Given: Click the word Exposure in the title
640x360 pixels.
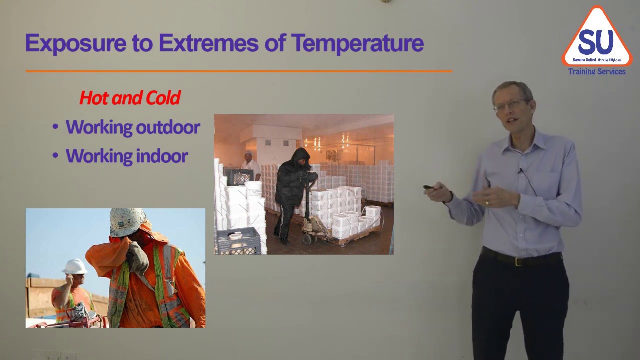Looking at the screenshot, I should (75, 43).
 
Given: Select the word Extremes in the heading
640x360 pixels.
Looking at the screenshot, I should (208, 43).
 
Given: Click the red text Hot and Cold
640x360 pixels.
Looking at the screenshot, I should (130, 98).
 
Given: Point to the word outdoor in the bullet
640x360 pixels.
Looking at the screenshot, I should (168, 127).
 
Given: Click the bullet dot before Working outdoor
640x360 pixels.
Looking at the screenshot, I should (55, 127).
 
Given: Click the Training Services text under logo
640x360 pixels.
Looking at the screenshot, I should (597, 72).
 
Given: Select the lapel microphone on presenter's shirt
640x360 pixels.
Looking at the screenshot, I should (520, 171).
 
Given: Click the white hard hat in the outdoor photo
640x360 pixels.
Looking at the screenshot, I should (75, 266).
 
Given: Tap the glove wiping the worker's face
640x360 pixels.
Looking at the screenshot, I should (137, 256).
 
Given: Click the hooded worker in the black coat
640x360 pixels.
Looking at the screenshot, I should (294, 190).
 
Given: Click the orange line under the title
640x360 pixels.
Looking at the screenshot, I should (239, 71).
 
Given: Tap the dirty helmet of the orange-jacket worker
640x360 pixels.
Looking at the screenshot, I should (127, 222).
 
